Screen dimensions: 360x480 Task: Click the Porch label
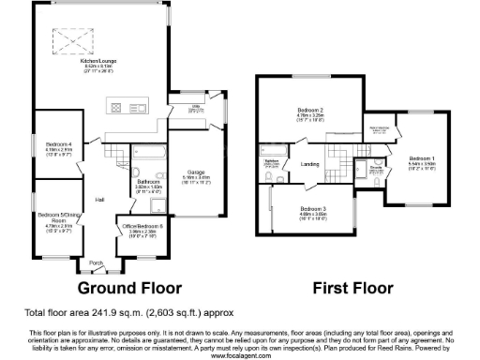pos(96,263)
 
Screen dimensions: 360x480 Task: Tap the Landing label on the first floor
pos(310,164)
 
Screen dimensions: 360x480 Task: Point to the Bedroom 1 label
pos(421,158)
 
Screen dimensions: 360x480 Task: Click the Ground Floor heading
pos(128,288)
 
